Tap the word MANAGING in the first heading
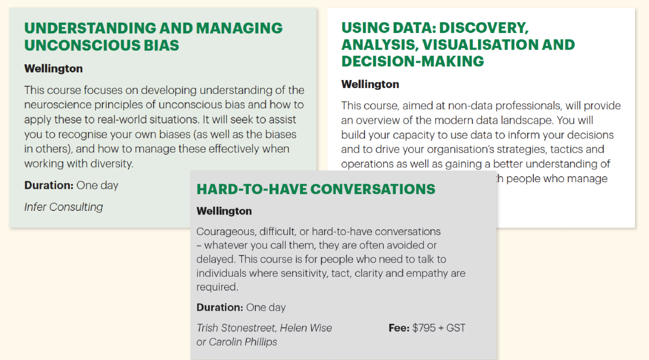pyautogui.click(x=239, y=28)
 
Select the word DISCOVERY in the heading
pyautogui.click(x=484, y=28)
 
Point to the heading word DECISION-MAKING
pyautogui.click(x=413, y=61)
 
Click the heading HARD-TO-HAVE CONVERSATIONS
pyautogui.click(x=316, y=189)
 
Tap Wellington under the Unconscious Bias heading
pyautogui.click(x=54, y=69)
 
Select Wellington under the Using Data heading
pyautogui.click(x=370, y=84)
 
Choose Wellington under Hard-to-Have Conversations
pyautogui.click(x=224, y=211)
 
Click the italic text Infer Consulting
pyautogui.click(x=63, y=207)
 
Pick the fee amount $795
pyautogui.click(x=424, y=328)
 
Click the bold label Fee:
pyautogui.click(x=399, y=328)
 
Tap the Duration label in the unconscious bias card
pyautogui.click(x=49, y=185)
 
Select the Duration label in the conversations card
pyautogui.click(x=220, y=307)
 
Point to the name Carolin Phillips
pyautogui.click(x=243, y=342)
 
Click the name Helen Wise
pyautogui.click(x=306, y=328)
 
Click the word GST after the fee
pyautogui.click(x=456, y=328)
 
